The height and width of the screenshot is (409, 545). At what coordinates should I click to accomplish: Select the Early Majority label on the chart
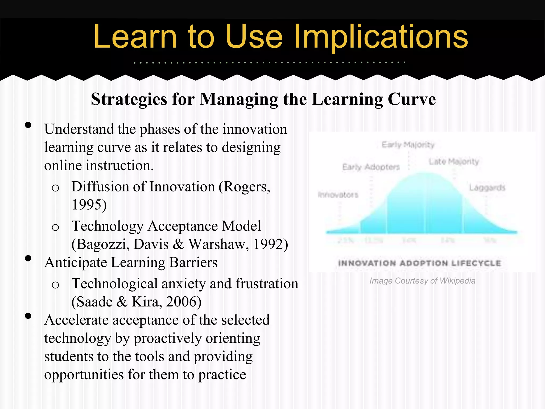point(408,145)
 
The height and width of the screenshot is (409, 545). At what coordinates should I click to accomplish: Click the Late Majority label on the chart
point(454,162)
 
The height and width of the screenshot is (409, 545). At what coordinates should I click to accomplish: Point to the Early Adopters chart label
point(371,167)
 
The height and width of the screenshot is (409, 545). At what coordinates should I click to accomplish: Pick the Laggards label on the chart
point(487,188)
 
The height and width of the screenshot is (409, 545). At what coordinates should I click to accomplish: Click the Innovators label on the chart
point(338,195)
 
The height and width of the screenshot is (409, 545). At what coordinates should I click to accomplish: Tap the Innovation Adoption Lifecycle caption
point(420,263)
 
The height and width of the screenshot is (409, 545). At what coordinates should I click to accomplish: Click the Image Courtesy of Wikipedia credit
point(422,281)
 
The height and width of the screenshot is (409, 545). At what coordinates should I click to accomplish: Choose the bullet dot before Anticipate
point(28,258)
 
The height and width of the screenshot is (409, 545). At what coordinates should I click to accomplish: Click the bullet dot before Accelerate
point(28,316)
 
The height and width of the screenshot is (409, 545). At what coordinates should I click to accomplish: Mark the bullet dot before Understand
point(28,125)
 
